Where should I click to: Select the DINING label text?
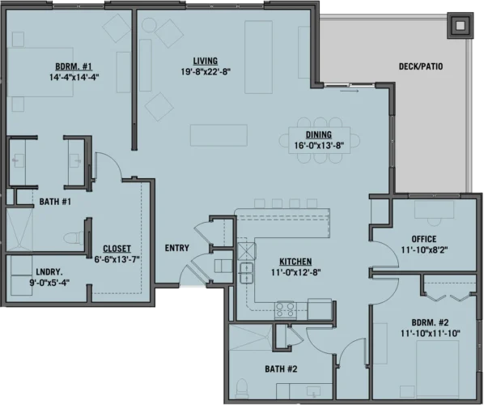(x=318, y=135)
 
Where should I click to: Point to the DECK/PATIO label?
(x=421, y=66)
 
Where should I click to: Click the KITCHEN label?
(x=295, y=262)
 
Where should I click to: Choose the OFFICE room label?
(x=423, y=239)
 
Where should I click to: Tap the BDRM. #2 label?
(x=429, y=322)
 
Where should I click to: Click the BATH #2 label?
(x=281, y=369)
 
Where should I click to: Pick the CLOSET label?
(x=117, y=249)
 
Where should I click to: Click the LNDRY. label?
(x=26, y=272)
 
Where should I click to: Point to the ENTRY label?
(x=176, y=248)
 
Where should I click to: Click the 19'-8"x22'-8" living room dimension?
(x=206, y=71)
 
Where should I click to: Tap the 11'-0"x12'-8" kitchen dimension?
(x=295, y=272)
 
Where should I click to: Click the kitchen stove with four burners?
(x=285, y=308)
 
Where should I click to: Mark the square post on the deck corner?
(x=460, y=25)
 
